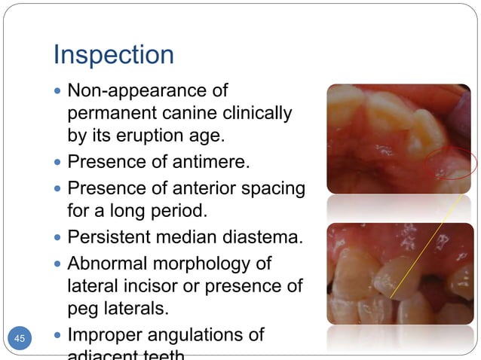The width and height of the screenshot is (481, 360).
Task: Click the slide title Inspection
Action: pos(113,54)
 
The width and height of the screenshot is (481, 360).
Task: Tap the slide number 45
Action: pos(20,339)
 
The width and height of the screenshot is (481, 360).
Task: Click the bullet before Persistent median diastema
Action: pos(59,239)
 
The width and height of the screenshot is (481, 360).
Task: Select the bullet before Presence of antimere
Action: pos(59,163)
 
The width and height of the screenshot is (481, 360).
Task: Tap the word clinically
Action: pos(254,114)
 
